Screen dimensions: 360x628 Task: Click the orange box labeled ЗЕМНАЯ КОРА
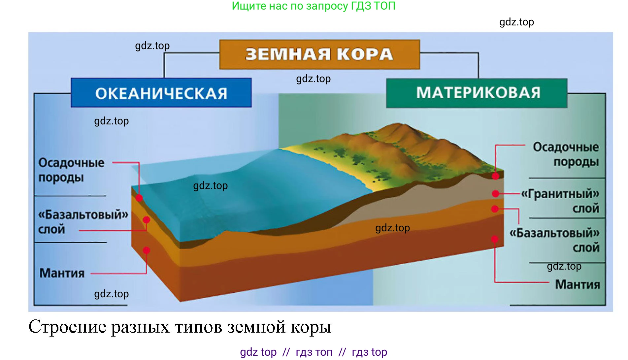tap(319, 54)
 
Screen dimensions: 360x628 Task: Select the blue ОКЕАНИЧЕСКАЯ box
tap(161, 93)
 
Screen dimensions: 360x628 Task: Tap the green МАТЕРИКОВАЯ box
tap(477, 93)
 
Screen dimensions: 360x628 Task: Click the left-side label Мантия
tap(62, 273)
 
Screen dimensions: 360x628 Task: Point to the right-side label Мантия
tap(577, 284)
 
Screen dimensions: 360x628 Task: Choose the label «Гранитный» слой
tap(560, 201)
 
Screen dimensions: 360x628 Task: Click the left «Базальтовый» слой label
tap(83, 222)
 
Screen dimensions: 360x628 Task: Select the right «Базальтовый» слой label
tap(554, 240)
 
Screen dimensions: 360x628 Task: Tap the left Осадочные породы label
tap(71, 170)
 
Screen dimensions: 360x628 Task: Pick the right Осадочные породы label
tap(566, 154)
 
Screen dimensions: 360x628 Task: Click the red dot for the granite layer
tap(495, 194)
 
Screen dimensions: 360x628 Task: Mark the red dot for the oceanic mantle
tap(147, 250)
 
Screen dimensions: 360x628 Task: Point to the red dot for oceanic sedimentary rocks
tap(139, 198)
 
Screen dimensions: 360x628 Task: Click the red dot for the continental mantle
tap(495, 239)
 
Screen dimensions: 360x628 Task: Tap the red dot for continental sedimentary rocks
tap(495, 176)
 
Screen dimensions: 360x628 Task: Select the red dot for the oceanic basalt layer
tap(147, 220)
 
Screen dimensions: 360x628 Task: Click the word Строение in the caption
tap(67, 327)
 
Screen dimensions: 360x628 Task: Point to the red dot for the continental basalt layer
tap(495, 209)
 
